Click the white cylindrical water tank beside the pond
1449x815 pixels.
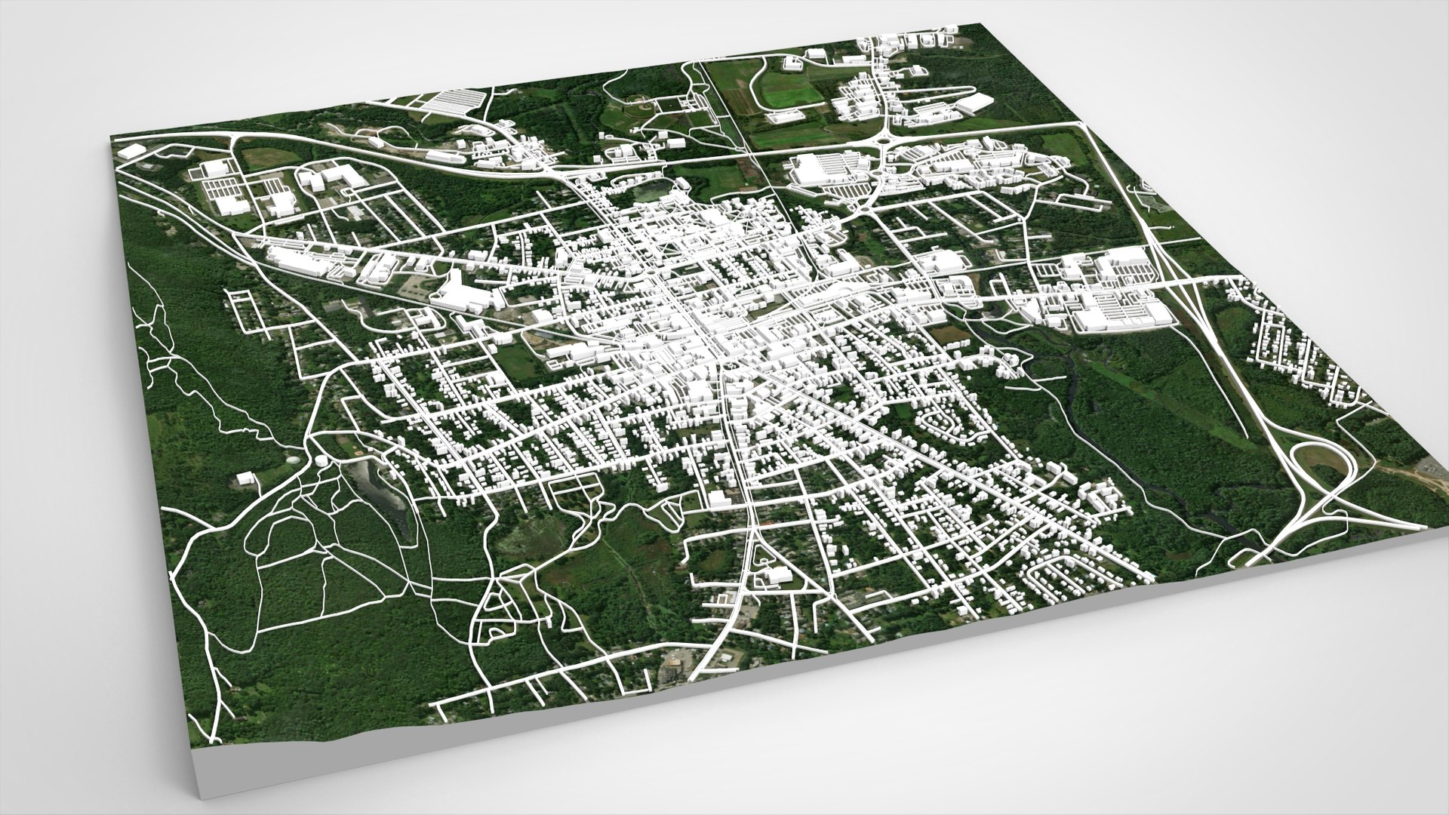tap(322, 460)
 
